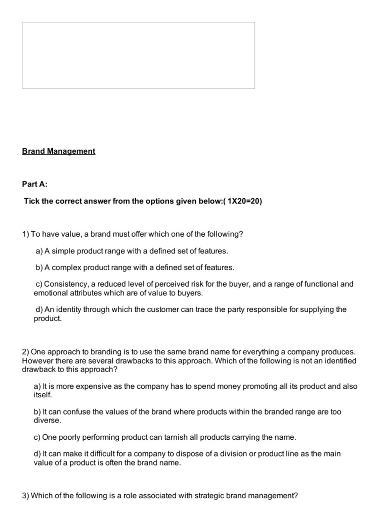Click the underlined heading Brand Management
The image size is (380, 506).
pyautogui.click(x=58, y=151)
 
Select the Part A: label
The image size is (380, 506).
pyautogui.click(x=35, y=184)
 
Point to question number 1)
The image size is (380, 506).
pyautogui.click(x=26, y=234)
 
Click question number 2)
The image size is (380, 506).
pyautogui.click(x=26, y=352)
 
